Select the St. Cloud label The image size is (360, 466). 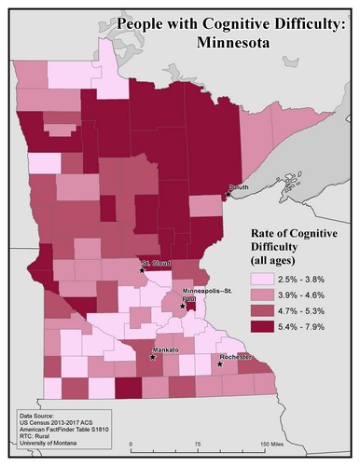(x=155, y=264)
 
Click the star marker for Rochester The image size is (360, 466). (x=221, y=363)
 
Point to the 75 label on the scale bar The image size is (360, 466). (x=198, y=443)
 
